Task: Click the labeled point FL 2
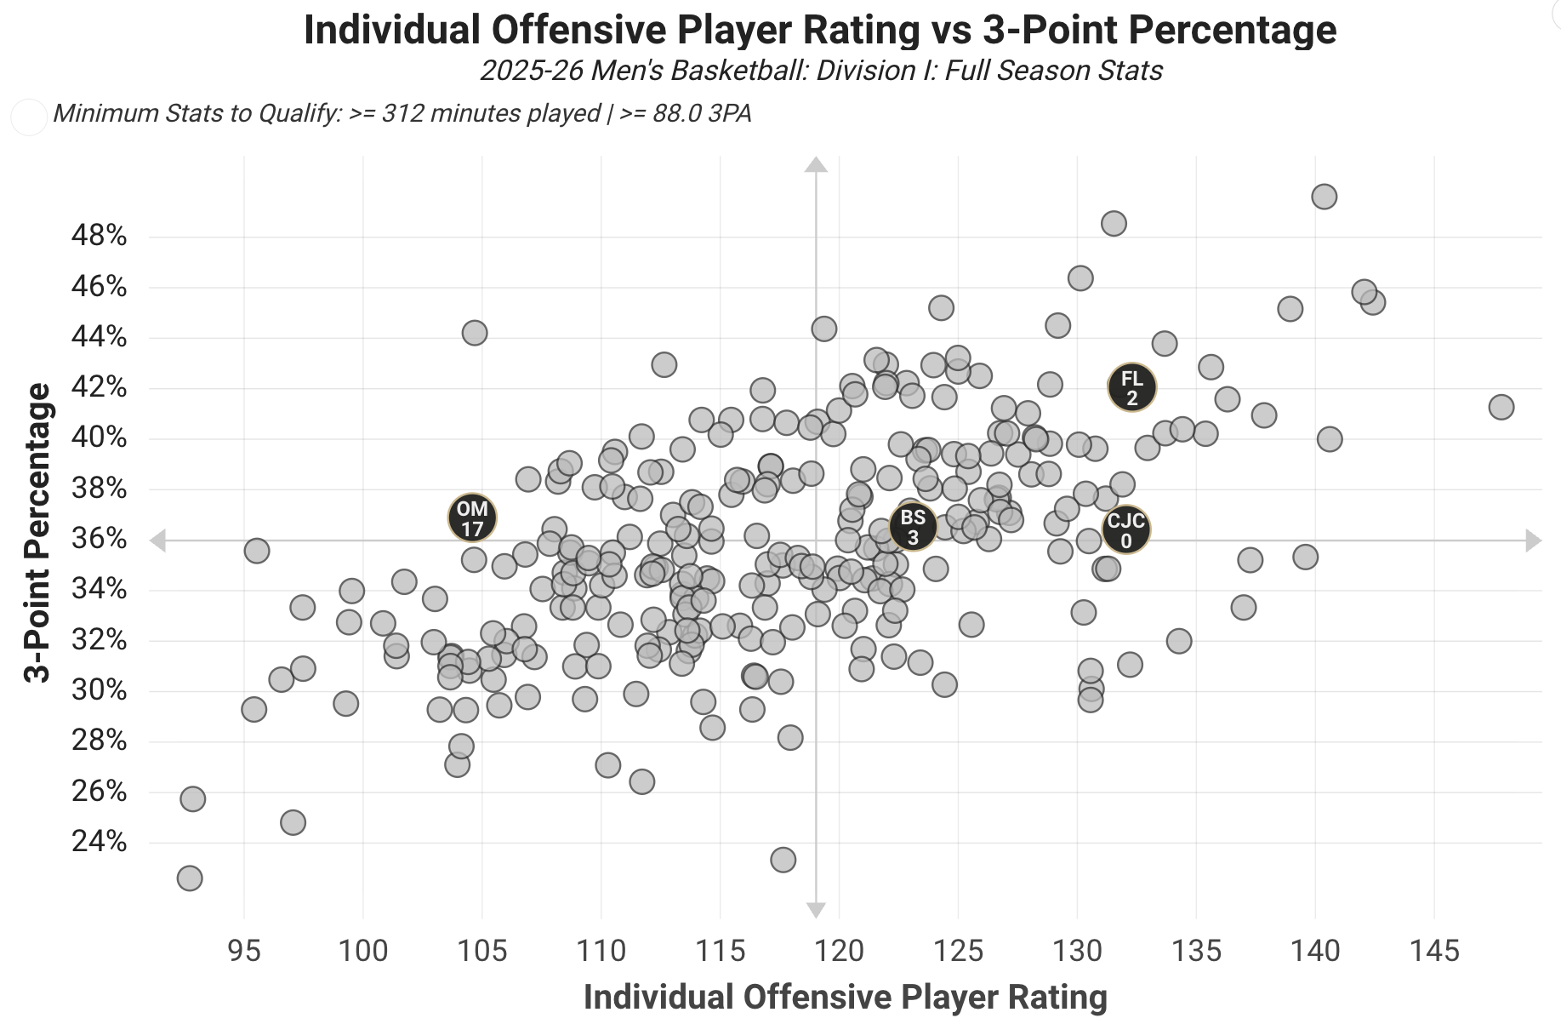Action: coord(1131,387)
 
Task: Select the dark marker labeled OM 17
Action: coord(472,518)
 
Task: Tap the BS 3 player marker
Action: coord(913,527)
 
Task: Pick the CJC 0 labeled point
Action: coord(1125,529)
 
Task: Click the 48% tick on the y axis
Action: coord(99,236)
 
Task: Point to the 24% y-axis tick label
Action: coord(99,842)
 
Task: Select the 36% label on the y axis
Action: coord(99,539)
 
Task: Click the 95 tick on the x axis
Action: coord(244,950)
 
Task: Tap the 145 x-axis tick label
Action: coord(1434,950)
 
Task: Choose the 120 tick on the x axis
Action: coord(839,950)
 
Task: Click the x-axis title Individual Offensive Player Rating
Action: coord(845,997)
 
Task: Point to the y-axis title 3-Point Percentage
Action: coord(38,533)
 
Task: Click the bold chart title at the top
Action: coord(820,30)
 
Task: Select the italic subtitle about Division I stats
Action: coord(821,70)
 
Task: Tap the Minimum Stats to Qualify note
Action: coord(402,113)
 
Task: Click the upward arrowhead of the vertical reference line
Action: coord(816,164)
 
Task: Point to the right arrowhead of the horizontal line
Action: coord(1533,540)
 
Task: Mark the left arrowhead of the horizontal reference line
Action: coord(158,540)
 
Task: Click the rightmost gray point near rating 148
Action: coord(1501,407)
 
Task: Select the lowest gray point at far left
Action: coord(190,878)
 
